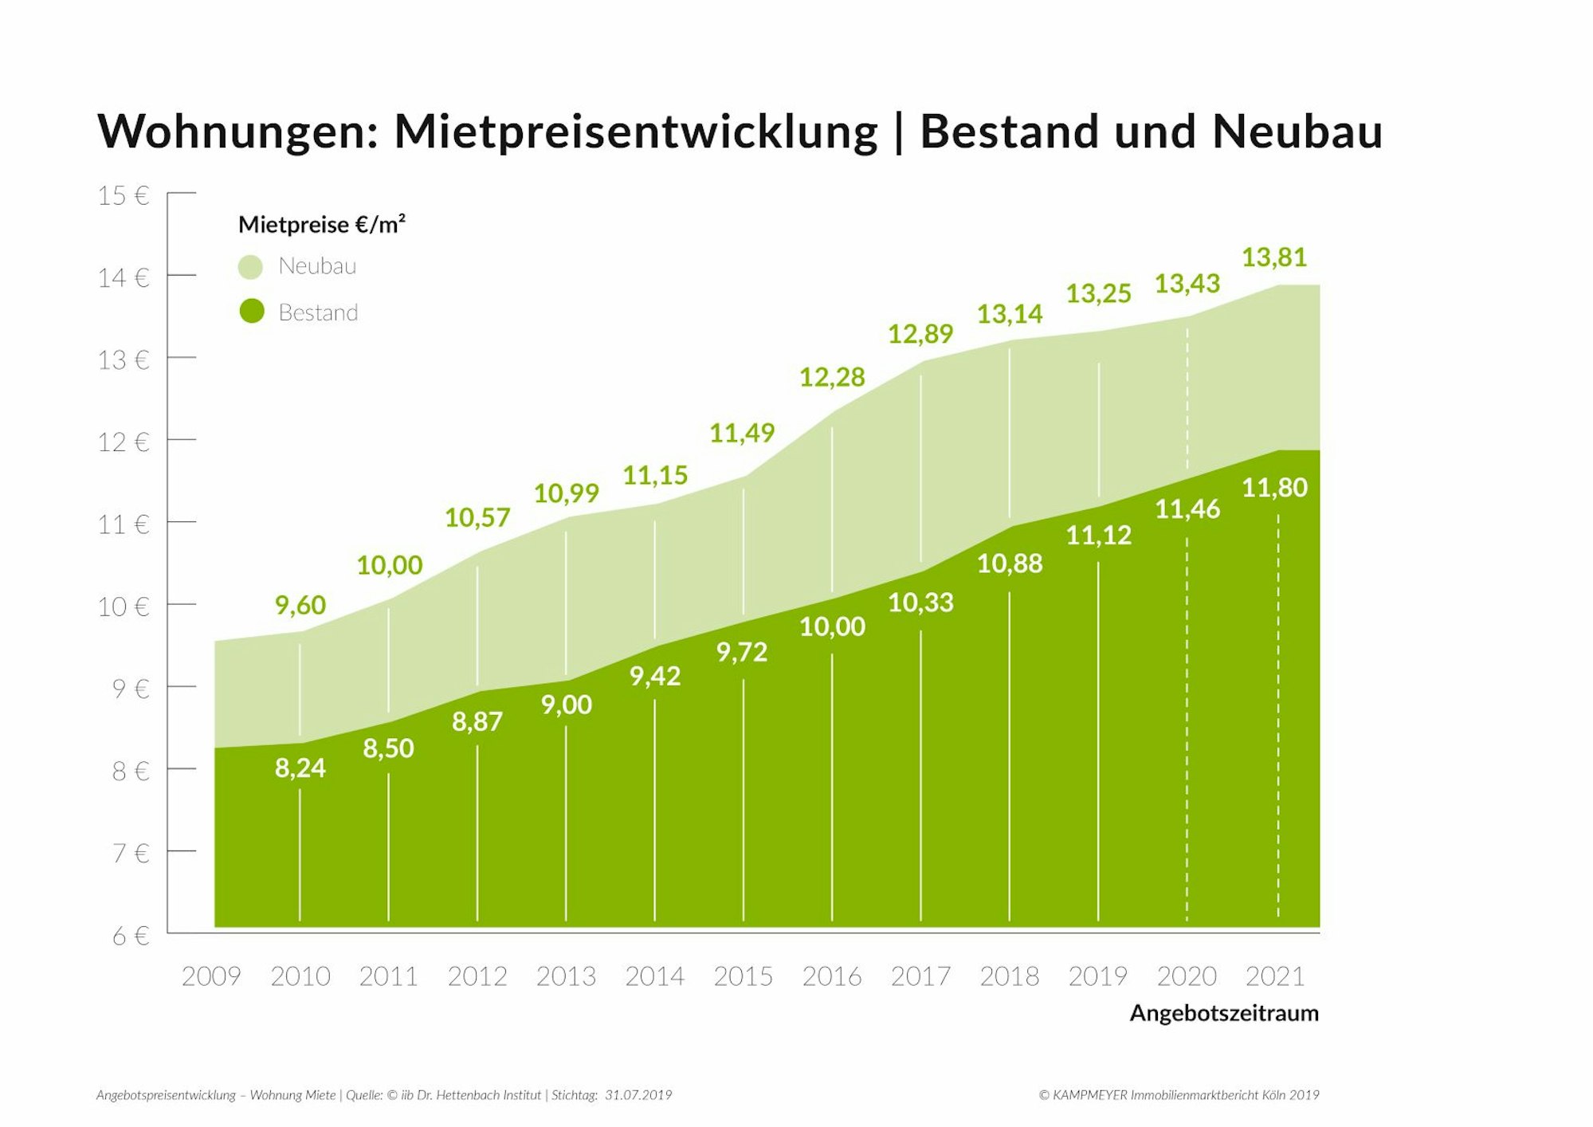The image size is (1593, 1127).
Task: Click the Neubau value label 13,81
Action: [x=1273, y=257]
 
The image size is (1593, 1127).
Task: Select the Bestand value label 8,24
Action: [x=300, y=768]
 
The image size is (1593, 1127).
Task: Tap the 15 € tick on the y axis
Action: [x=124, y=195]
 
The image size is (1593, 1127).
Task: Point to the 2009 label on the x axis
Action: [x=211, y=976]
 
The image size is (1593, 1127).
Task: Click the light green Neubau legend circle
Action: [x=250, y=267]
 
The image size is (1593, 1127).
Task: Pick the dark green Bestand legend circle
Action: [x=252, y=311]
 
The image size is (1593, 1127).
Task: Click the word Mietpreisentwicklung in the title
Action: [x=635, y=132]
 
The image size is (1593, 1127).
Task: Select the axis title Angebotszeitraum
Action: [x=1223, y=1013]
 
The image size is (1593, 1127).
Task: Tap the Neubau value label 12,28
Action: [x=831, y=377]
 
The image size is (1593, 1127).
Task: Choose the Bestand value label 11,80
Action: [x=1274, y=487]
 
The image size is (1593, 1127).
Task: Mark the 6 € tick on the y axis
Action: [x=131, y=935]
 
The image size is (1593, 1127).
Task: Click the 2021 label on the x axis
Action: [x=1275, y=976]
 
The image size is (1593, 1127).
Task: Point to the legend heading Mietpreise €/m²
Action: [x=321, y=225]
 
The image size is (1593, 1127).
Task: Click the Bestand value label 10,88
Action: [x=1009, y=563]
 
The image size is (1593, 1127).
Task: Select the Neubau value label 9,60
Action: [x=300, y=605]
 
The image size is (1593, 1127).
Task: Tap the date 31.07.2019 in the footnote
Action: [x=638, y=1095]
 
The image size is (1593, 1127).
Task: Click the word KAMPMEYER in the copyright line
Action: [x=1089, y=1095]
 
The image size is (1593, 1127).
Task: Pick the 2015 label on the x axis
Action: [x=743, y=976]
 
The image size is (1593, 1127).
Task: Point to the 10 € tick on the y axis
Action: [x=124, y=607]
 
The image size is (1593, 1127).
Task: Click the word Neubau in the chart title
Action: [x=1297, y=132]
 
